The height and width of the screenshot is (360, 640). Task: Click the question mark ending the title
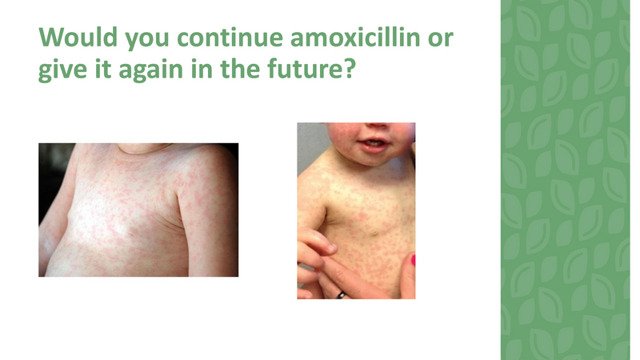click(350, 71)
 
